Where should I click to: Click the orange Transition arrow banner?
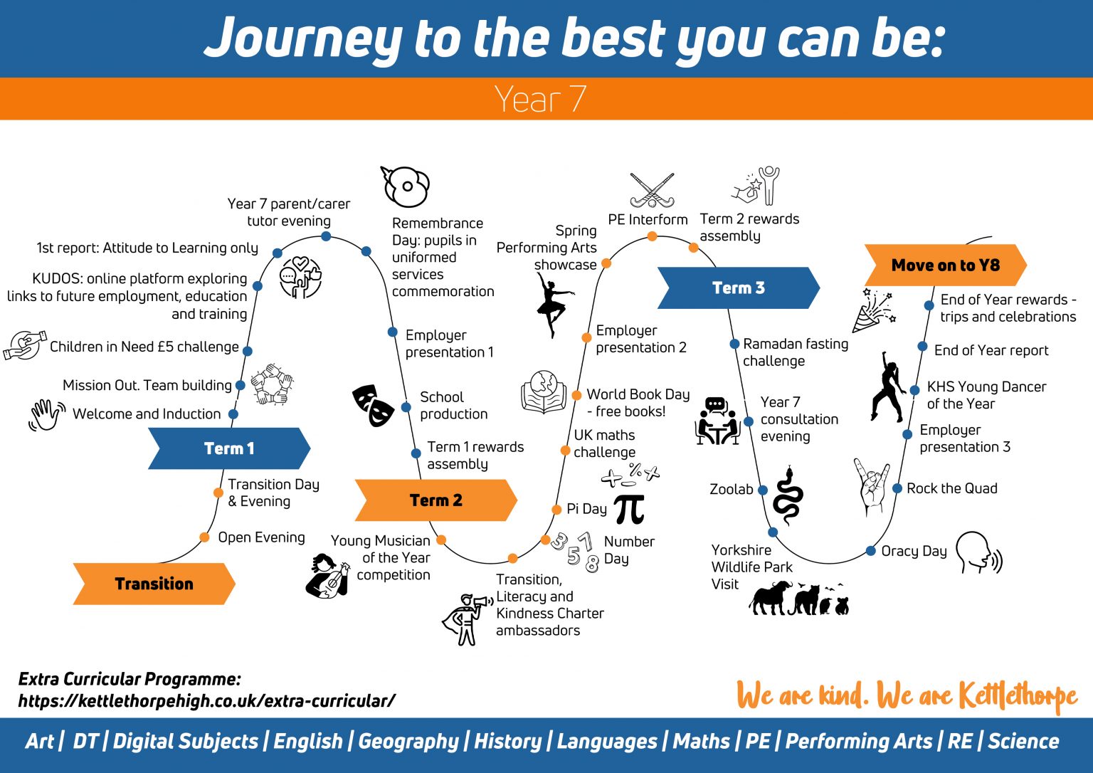154,584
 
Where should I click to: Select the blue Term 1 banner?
229,448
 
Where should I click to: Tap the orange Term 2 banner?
435,500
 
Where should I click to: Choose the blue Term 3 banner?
738,288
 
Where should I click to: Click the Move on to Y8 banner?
945,265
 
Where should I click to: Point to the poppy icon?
406,186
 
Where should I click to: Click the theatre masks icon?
373,405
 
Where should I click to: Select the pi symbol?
629,508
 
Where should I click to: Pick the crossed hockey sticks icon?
652,189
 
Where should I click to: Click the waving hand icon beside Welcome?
46,414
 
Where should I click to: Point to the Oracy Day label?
914,551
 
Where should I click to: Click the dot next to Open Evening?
204,537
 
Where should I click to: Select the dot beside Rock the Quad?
898,489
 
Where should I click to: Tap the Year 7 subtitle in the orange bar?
540,99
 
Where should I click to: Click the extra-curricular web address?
206,701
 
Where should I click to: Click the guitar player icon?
328,576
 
